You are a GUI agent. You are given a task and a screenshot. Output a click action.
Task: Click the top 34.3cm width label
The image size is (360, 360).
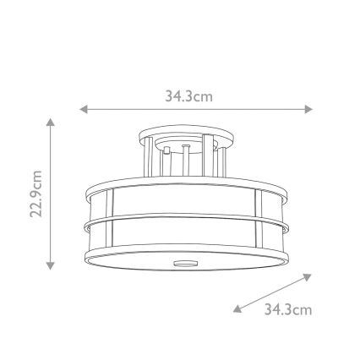[188, 96]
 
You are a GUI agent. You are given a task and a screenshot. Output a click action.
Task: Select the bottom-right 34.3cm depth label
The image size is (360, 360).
[288, 309]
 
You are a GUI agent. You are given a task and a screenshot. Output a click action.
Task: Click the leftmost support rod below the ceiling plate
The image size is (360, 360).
[149, 156]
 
